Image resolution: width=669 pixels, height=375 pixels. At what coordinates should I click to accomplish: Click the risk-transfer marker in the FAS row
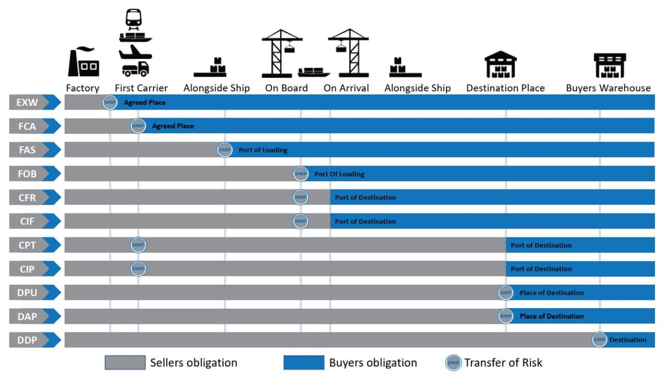pos(224,150)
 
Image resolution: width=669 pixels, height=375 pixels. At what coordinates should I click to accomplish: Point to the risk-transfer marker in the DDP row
pos(599,339)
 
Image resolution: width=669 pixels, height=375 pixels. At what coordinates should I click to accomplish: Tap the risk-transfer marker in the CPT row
pos(138,245)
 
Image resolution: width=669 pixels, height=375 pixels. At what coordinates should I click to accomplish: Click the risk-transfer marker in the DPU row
pos(505,293)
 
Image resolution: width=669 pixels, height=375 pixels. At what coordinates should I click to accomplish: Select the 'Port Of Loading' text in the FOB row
pos(339,174)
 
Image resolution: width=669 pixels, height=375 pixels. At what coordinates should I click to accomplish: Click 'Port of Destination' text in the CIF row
pos(365,221)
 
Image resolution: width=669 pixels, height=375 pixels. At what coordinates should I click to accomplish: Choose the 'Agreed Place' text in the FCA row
pos(173,126)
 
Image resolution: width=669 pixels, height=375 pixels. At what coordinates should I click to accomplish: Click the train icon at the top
pos(134,18)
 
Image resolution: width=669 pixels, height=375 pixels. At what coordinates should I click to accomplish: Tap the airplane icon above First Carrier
pos(134,53)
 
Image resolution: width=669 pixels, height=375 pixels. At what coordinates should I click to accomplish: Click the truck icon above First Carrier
pos(135,69)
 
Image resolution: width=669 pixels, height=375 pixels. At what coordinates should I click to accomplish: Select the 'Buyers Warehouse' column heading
pos(608,88)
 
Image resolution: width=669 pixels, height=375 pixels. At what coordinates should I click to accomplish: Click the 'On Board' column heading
pos(286,88)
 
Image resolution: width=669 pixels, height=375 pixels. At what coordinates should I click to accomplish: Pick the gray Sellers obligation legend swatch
pos(125,363)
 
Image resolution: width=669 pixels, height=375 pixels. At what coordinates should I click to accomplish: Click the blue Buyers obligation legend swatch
pos(304,363)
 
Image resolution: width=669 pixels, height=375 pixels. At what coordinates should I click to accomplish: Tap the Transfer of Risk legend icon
pos(453,363)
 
